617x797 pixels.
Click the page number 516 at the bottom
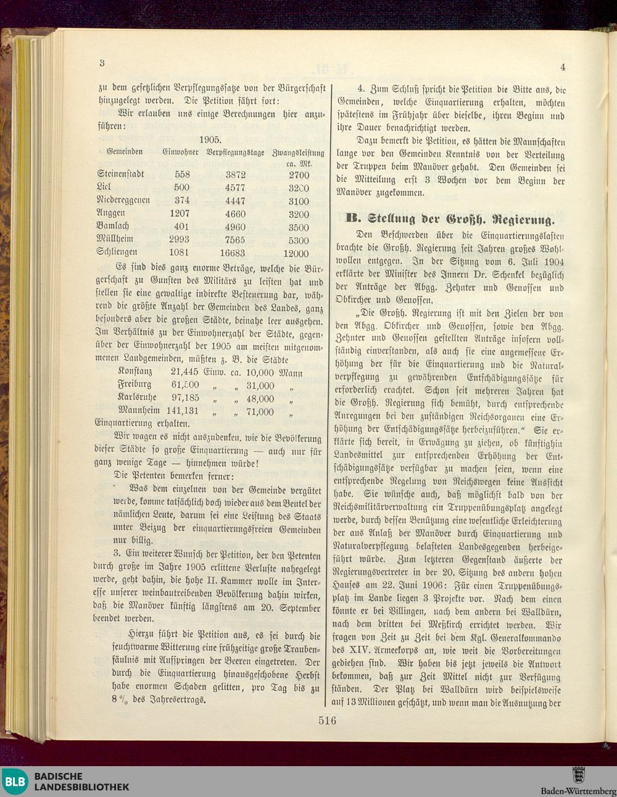[x=327, y=720]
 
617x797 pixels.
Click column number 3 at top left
[x=102, y=63]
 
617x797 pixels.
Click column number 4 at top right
[x=563, y=67]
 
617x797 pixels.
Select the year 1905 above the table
[x=211, y=140]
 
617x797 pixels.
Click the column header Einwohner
[x=180, y=151]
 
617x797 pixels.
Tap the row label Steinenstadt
[x=120, y=175]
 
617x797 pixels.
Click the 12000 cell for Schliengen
[x=296, y=254]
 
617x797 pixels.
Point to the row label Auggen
[x=111, y=214]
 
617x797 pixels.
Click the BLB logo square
[x=15, y=781]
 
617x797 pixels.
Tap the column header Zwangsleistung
[x=298, y=152]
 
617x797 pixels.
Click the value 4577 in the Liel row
[x=234, y=188]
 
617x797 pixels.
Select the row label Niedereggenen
[x=123, y=201]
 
